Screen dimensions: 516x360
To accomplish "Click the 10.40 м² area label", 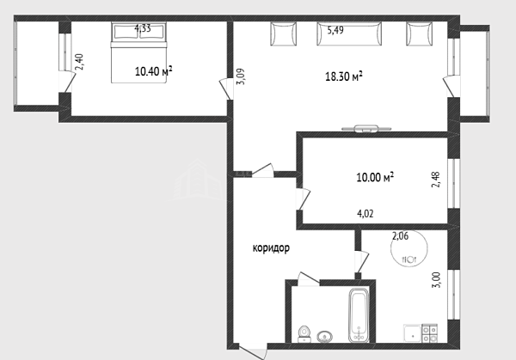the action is [154, 71].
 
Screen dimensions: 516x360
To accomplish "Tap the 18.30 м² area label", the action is [344, 76].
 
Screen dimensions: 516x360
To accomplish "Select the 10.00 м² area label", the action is [375, 177].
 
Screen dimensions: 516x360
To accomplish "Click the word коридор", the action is [271, 248].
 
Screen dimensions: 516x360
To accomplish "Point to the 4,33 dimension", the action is [143, 28].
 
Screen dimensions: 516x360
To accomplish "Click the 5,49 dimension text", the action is [335, 30].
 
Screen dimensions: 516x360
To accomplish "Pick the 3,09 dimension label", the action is [241, 76].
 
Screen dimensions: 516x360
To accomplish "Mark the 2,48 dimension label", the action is [436, 180].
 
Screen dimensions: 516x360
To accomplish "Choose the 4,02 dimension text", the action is [365, 214].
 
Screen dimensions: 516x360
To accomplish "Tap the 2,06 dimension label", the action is [400, 235].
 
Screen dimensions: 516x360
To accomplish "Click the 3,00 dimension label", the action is [436, 280].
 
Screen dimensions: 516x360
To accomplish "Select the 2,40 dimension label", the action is [80, 62].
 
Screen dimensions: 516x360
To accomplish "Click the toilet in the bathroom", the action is [304, 333].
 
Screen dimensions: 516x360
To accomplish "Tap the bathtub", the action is [359, 315].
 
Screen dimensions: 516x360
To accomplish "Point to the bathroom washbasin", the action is [325, 337].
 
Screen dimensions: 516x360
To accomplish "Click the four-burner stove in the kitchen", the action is [430, 333].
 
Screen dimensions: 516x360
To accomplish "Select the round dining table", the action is [409, 247].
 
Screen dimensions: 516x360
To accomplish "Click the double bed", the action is [138, 52].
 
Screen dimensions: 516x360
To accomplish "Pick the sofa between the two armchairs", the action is [349, 34].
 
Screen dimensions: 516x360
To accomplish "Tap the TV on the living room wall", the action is [366, 128].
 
